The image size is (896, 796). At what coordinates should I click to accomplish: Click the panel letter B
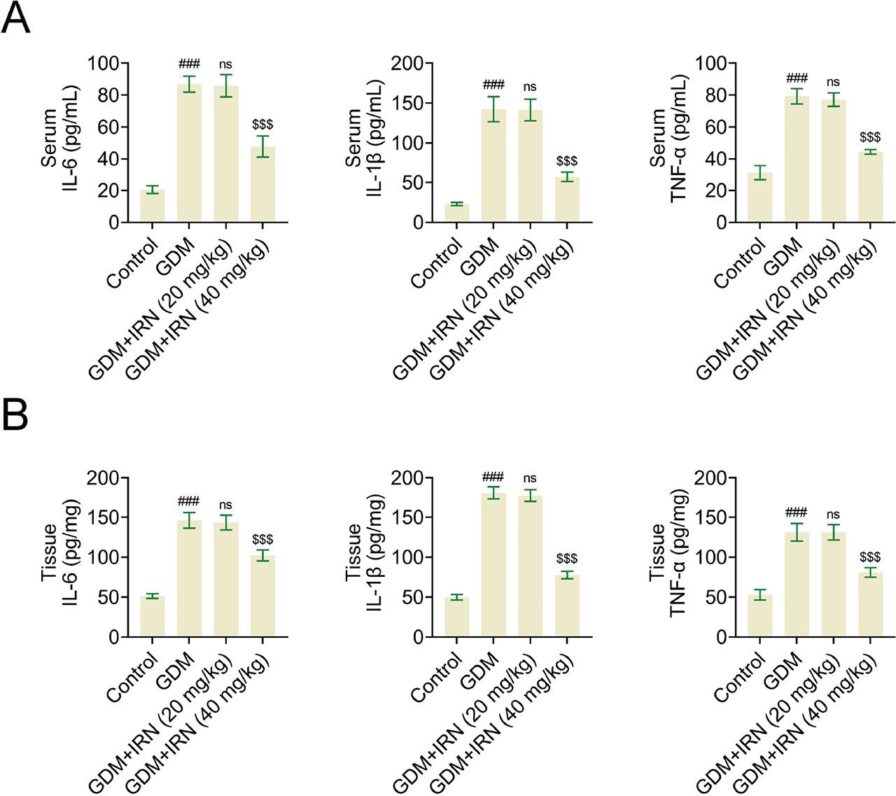click(15, 415)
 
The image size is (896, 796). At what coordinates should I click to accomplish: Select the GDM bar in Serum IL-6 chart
click(189, 154)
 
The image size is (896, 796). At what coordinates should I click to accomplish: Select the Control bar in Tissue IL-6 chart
click(152, 617)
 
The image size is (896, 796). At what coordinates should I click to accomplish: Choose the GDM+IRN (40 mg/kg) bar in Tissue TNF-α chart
click(869, 606)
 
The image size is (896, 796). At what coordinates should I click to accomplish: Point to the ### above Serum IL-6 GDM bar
click(189, 64)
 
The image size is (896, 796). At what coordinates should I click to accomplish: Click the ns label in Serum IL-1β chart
click(530, 87)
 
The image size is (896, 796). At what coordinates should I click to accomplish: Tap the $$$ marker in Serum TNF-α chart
click(869, 137)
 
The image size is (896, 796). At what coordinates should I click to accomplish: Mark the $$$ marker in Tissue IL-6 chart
click(262, 539)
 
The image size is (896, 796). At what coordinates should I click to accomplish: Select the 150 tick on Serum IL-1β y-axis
click(407, 104)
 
